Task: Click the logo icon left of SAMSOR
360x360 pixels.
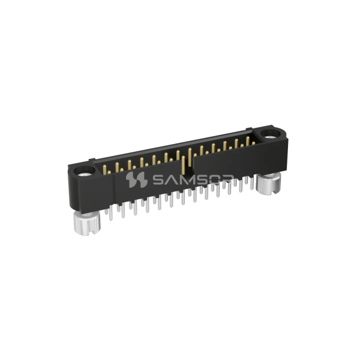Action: pyautogui.click(x=137, y=179)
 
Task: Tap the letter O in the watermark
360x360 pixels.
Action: pyautogui.click(x=215, y=179)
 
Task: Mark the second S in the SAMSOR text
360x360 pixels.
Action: pyautogui.click(x=200, y=179)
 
